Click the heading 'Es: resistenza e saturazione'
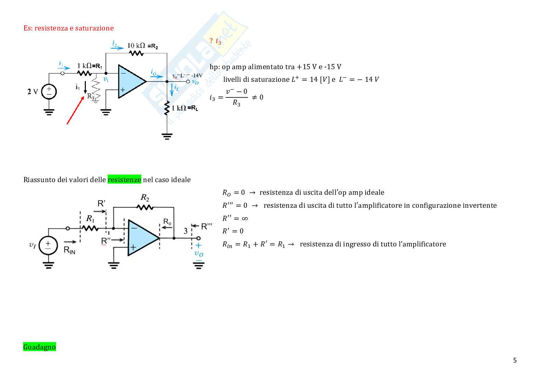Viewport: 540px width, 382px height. coord(68,28)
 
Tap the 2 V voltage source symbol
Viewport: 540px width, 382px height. coord(49,92)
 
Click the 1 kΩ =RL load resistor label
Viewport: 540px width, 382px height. coord(185,108)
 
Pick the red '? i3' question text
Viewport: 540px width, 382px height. coord(215,41)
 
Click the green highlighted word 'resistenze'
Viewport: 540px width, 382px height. coord(124,180)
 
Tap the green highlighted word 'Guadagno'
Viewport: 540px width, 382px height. coord(39,347)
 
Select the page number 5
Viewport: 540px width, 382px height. coord(515,360)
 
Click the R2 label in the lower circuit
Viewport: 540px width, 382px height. coord(145,198)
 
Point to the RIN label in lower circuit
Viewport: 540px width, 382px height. coord(69,250)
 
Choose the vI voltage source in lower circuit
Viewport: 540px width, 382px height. coord(48,245)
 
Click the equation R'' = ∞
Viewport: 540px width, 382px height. coord(235,218)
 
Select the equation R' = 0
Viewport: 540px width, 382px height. coord(233,231)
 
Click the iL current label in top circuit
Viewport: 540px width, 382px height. coord(176,88)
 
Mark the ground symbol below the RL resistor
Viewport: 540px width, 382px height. coord(167,137)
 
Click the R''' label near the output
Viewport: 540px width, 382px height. coord(206,226)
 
